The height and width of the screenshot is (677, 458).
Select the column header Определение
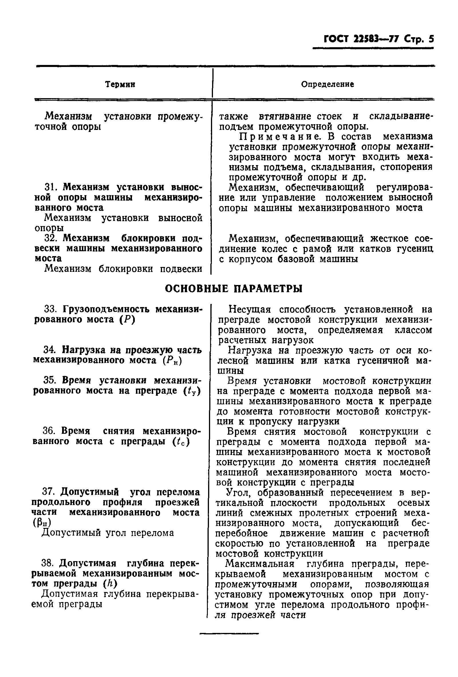[327, 84]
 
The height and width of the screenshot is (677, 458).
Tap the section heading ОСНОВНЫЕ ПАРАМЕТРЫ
[234, 288]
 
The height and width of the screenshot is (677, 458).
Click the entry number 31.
[51, 187]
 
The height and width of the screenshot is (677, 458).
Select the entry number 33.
[51, 309]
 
